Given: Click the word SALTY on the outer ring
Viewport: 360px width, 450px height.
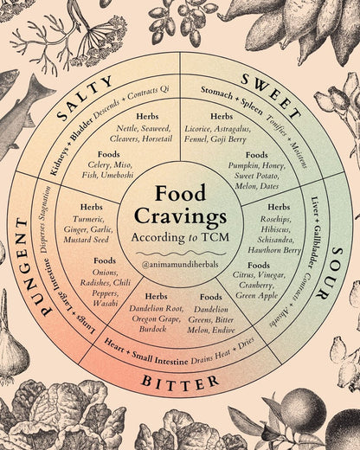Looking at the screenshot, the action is click(85, 98).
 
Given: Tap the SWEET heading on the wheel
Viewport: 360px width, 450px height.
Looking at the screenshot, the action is click(270, 95).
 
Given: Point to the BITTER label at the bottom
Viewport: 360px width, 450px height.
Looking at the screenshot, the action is click(180, 382).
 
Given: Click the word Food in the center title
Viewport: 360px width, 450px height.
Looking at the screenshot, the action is click(181, 193).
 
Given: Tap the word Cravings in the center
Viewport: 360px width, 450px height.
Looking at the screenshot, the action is click(180, 216).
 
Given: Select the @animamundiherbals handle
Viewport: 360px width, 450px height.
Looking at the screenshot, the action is click(180, 264).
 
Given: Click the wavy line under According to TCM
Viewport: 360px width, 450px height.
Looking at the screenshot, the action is click(180, 254).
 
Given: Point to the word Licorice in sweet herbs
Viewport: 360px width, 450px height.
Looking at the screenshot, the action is click(197, 129).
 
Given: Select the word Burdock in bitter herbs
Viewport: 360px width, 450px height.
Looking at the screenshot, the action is click(152, 329).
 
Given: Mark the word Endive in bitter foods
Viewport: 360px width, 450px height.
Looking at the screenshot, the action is click(223, 330).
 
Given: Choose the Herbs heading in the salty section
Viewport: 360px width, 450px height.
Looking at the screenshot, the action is click(147, 116).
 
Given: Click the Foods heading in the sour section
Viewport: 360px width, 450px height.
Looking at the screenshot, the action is click(259, 265).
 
